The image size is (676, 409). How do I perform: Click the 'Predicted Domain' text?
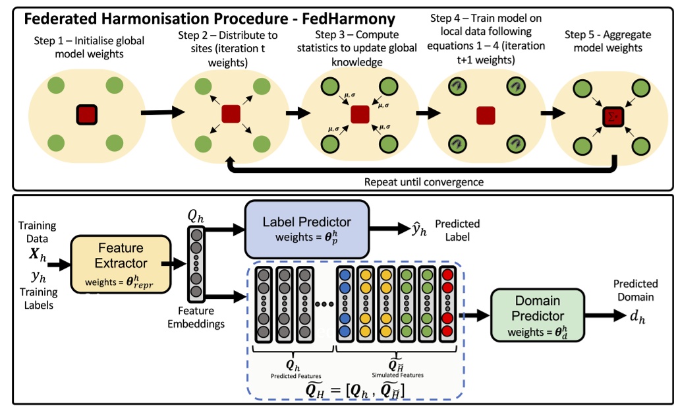click(x=635, y=291)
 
